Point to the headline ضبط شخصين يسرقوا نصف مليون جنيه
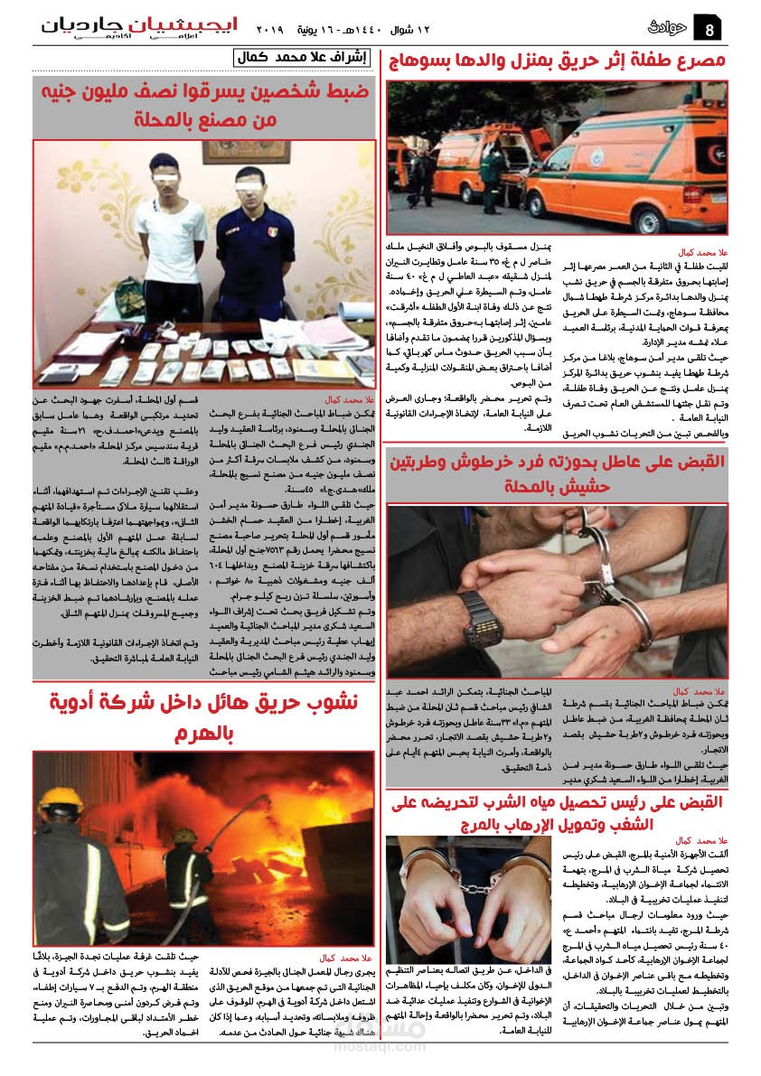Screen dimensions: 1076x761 203,105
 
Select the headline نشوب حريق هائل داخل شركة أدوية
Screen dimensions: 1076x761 203,714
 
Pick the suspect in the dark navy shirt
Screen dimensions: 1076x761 256,244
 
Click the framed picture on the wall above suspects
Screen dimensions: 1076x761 234,152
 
